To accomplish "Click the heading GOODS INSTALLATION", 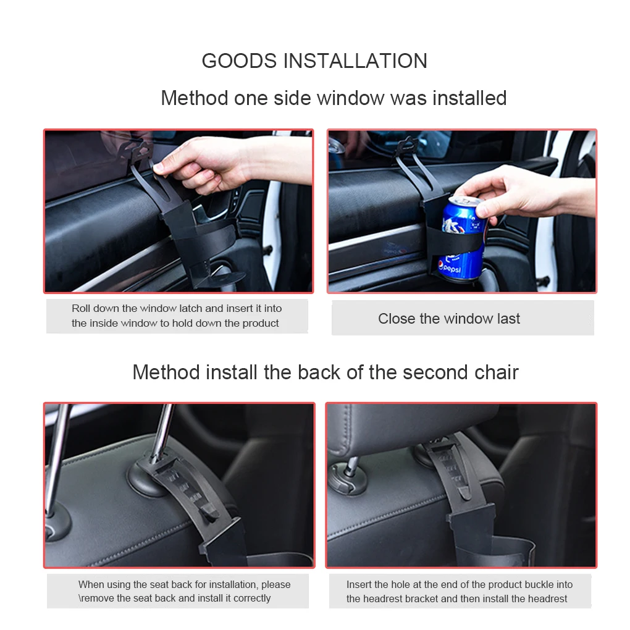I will click(x=314, y=61).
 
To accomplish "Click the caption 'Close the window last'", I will click(x=449, y=319).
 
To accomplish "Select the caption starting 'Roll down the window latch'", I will click(x=176, y=316).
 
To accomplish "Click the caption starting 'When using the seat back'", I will click(x=183, y=591).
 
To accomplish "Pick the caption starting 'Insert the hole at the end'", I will click(x=459, y=591).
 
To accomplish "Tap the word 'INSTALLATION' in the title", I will click(x=355, y=61).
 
